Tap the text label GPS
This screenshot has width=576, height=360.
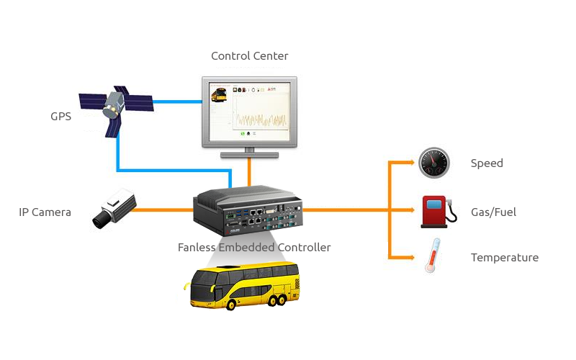[60, 116]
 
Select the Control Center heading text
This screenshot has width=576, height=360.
[249, 55]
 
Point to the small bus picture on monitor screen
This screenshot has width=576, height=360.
[218, 94]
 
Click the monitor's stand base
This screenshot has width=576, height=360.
[249, 153]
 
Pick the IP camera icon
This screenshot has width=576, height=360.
[113, 209]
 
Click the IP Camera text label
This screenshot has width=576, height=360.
[45, 212]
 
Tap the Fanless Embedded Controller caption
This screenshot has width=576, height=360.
[254, 247]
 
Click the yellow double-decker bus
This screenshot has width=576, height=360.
[242, 286]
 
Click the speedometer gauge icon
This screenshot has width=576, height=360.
[434, 163]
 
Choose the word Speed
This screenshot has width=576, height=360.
[487, 163]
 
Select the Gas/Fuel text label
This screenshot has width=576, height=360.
[493, 212]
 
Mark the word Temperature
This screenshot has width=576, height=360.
[504, 258]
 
